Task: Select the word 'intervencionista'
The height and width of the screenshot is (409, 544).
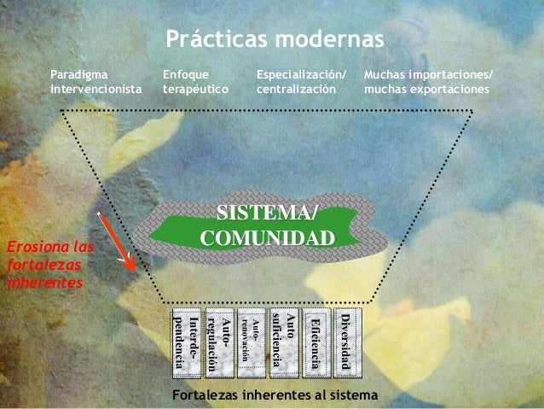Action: pyautogui.click(x=96, y=89)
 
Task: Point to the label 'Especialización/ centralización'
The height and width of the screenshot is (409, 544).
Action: pyautogui.click(x=302, y=81)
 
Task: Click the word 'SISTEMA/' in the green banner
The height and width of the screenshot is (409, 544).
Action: pyautogui.click(x=267, y=213)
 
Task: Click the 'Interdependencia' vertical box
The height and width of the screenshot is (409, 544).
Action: pyautogui.click(x=187, y=342)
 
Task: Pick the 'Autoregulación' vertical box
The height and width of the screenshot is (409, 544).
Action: pyautogui.click(x=219, y=342)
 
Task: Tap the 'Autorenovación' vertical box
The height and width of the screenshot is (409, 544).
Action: pyautogui.click(x=249, y=342)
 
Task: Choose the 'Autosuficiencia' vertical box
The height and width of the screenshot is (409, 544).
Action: pyautogui.click(x=283, y=342)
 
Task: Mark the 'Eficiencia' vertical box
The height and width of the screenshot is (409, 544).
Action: pyautogui.click(x=315, y=342)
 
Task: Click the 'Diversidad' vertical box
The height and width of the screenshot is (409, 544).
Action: pyautogui.click(x=347, y=342)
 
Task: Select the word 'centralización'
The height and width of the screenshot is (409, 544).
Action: pyautogui.click(x=296, y=89)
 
